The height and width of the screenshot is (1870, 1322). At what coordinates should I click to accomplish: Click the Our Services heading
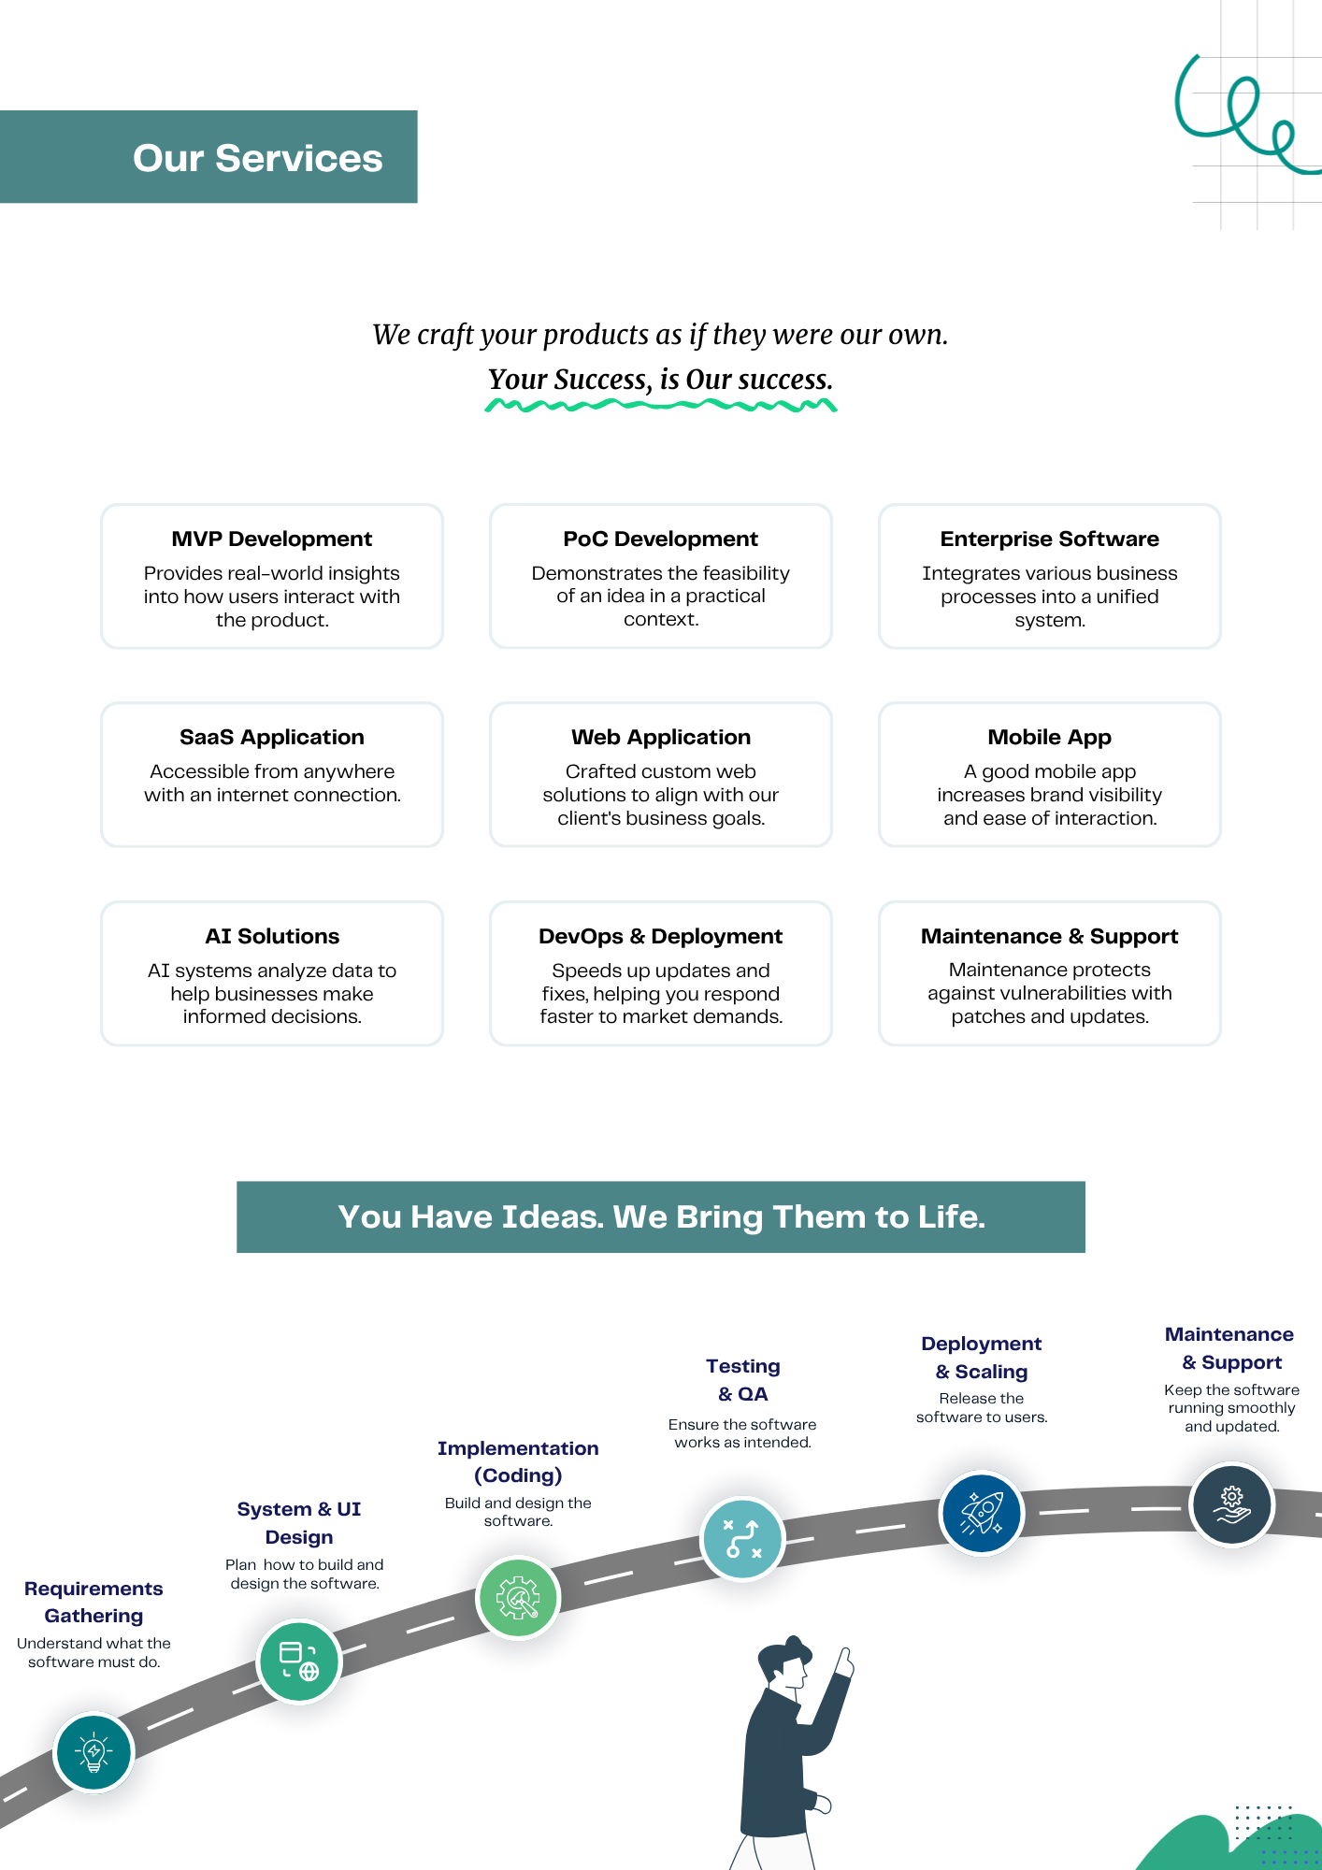257,158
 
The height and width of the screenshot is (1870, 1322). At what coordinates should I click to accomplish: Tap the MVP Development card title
271,539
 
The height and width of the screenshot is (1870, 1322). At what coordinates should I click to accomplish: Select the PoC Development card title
660,539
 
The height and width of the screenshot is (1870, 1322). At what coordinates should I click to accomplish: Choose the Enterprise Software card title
1049,539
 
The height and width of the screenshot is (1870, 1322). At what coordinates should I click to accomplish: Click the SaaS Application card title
271,737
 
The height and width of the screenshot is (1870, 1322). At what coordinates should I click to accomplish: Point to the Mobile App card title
1049,737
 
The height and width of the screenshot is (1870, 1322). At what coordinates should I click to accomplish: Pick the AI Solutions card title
271,936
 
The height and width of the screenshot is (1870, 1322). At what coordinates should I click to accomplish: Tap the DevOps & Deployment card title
660,936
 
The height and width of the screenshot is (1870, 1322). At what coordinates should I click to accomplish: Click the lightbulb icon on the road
93,1752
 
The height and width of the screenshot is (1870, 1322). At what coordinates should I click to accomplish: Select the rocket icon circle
981,1513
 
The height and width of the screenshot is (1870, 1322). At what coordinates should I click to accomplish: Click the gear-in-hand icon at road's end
1231,1504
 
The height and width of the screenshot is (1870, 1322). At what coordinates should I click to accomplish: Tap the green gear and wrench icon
518,1598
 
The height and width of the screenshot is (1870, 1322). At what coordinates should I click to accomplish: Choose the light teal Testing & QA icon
742,1538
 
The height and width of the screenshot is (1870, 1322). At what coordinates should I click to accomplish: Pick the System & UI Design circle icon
299,1661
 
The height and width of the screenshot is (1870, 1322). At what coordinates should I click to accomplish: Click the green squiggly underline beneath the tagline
660,406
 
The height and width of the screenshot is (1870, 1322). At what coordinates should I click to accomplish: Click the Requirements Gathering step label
93,1602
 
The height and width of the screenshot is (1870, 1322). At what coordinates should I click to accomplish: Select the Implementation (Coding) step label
518,1461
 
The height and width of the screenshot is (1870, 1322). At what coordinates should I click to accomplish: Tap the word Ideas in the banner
552,1216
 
